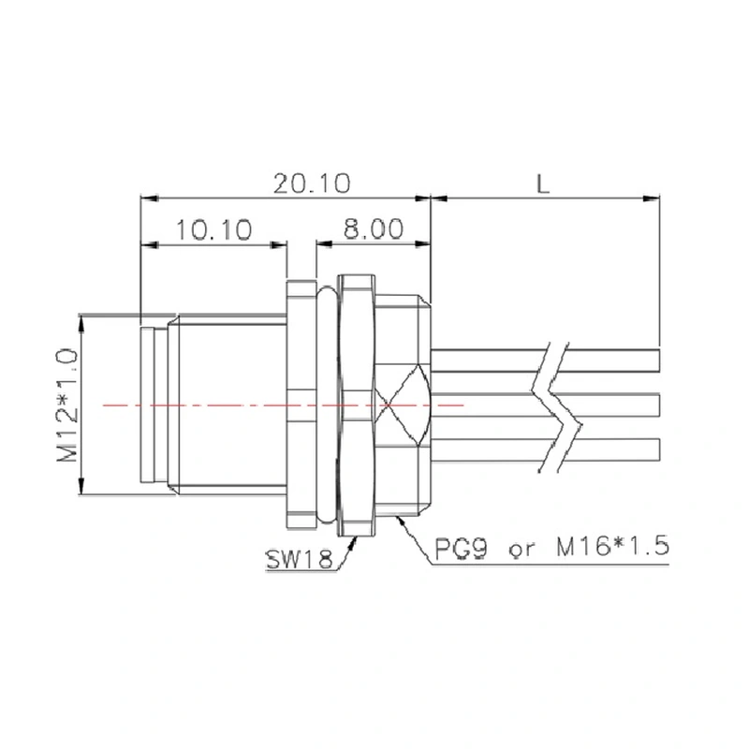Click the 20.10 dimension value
312,183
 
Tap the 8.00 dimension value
372,229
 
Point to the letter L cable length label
544,183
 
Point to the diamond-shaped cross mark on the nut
404,404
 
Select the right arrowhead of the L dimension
654,198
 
